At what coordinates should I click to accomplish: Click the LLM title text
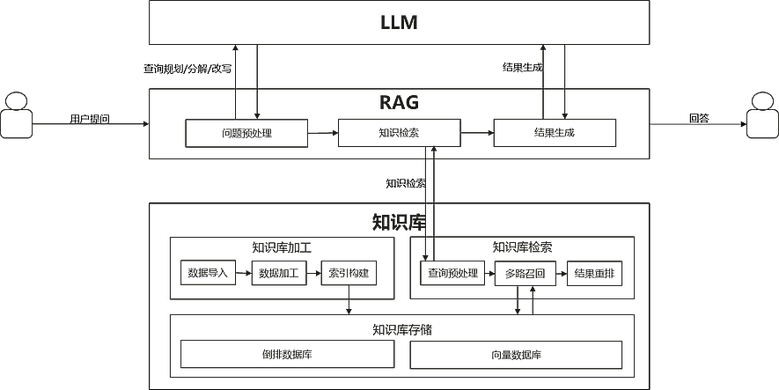399,23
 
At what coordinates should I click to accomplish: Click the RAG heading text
399,102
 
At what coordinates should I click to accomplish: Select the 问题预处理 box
246,133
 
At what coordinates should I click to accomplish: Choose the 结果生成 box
555,133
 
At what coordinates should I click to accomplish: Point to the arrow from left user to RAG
88,124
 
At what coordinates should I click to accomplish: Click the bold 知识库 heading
399,221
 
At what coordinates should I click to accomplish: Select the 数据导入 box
207,273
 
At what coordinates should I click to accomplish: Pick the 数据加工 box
277,273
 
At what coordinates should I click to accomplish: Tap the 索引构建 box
349,273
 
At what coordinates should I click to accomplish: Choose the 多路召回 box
525,273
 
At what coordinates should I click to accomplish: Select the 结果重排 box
595,273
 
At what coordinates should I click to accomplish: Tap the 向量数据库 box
517,354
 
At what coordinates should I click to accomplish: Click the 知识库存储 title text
401,330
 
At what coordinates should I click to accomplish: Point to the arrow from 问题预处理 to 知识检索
324,133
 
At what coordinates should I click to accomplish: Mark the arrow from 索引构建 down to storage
349,302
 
